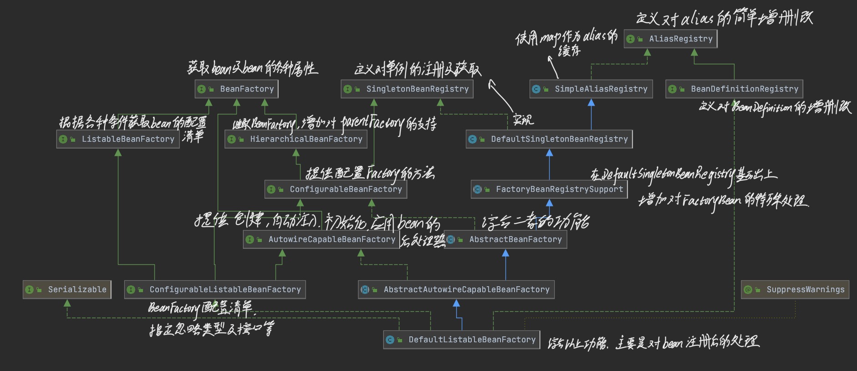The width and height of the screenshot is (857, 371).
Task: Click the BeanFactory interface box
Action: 236,89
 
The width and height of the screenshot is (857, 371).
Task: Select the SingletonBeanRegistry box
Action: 407,89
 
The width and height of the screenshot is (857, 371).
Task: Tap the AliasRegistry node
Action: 671,39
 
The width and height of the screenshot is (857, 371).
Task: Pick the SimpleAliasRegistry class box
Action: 591,89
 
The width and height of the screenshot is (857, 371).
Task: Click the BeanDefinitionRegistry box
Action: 734,89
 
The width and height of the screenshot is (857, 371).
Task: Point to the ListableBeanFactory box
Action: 118,139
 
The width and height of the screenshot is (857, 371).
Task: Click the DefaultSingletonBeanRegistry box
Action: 549,139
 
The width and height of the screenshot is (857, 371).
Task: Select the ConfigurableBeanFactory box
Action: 336,189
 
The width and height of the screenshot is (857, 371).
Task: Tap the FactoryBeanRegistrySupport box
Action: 549,189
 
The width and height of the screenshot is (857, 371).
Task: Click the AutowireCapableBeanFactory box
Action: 321,239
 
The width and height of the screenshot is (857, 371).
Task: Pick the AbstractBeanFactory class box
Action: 505,239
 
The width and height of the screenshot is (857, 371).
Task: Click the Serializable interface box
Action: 67,289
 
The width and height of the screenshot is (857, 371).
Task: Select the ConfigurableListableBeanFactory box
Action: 215,289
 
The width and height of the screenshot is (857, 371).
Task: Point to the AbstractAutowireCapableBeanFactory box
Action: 456,289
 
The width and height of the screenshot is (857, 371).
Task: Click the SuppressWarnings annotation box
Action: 795,289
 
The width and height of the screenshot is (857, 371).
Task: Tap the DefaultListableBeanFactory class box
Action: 462,340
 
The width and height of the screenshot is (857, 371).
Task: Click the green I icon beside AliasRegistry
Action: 631,39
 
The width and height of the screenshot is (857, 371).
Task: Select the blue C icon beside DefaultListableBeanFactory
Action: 390,340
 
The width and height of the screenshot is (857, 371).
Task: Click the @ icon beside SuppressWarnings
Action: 747,290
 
